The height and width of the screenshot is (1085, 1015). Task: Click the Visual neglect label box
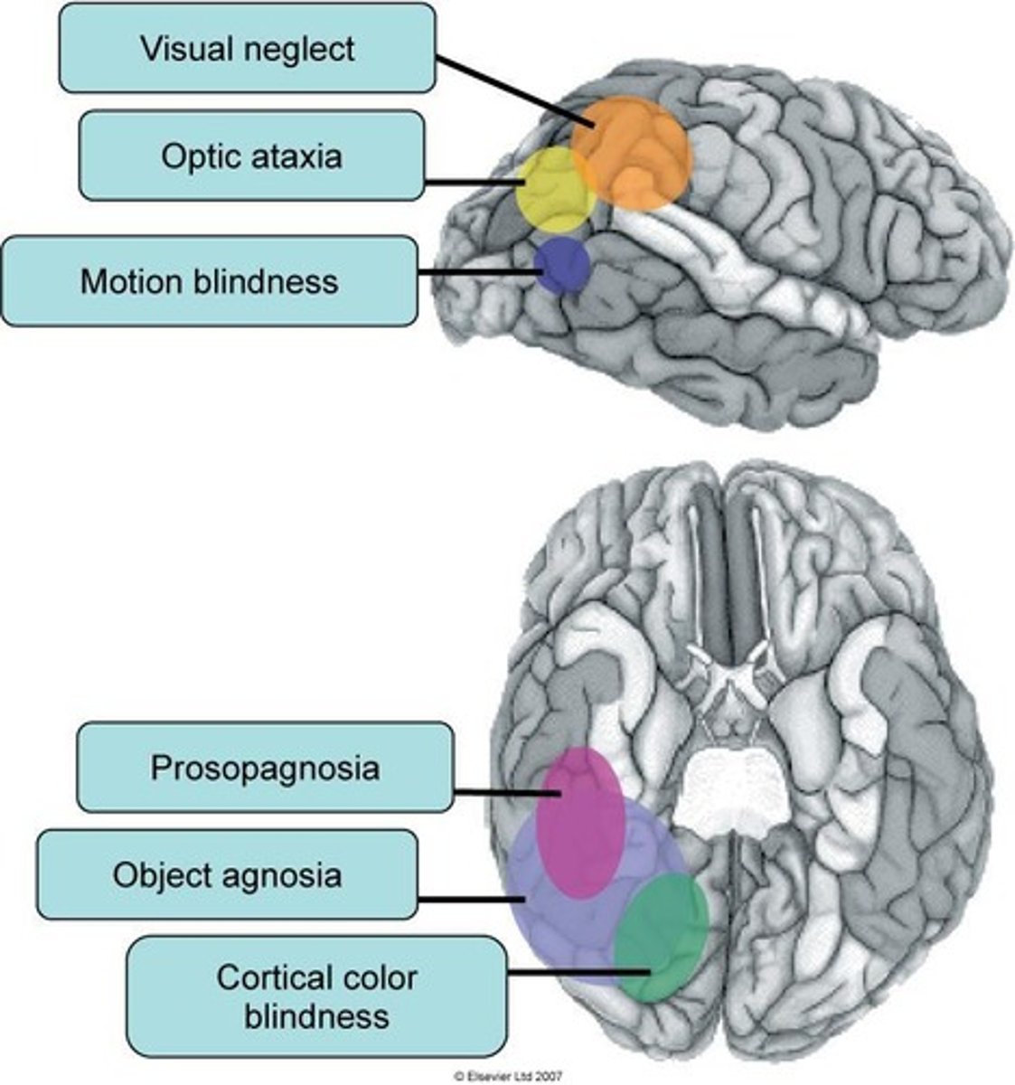coord(247,48)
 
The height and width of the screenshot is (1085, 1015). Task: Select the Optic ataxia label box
coord(251,156)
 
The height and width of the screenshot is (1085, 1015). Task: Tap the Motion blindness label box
coord(209,281)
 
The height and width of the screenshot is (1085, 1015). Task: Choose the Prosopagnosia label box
coord(264,768)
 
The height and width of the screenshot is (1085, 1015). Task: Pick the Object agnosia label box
coord(227,875)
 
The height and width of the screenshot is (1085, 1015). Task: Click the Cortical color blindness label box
coord(315,996)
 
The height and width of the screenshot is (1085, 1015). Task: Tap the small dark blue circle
coord(561,265)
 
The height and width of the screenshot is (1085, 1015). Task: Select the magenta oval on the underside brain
coord(580,822)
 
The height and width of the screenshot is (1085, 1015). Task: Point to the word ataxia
coord(298,156)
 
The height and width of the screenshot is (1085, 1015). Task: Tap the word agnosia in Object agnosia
coord(284,875)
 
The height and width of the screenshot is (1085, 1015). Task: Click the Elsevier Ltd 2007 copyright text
coord(508,1077)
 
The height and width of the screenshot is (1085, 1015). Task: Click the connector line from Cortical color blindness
coord(578,973)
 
